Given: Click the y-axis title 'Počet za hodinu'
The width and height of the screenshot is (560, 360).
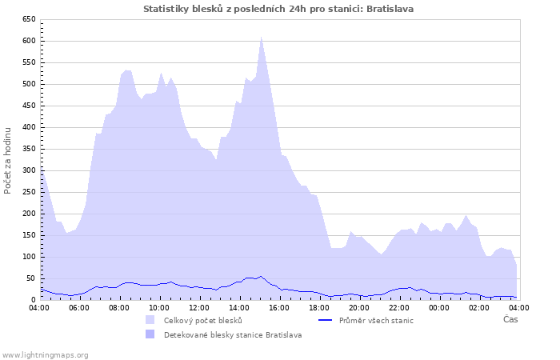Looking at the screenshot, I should (x=8, y=159).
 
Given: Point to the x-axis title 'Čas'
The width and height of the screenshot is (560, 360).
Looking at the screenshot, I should (x=510, y=319).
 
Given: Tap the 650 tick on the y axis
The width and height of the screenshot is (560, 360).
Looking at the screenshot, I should (x=28, y=19).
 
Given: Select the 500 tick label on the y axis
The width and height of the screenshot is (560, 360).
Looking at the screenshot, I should (x=28, y=84).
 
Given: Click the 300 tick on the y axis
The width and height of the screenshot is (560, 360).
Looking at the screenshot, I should (x=28, y=170).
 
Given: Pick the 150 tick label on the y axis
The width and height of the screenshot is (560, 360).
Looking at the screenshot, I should (x=28, y=235).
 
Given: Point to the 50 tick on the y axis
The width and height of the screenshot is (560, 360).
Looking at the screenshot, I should (x=30, y=278).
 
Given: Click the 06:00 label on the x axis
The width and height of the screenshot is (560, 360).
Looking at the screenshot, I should (x=79, y=307).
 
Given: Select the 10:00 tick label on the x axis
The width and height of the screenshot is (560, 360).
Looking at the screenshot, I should (x=159, y=307).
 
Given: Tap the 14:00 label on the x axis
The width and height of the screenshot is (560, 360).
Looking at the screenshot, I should (x=239, y=307).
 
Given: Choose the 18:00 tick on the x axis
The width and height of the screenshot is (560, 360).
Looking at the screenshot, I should (x=319, y=307).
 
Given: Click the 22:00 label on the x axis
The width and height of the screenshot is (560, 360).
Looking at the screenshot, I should (x=399, y=307).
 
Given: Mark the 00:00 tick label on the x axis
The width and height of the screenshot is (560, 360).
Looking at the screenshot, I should (x=439, y=307).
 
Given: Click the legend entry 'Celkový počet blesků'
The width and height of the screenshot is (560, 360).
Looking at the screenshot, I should (x=202, y=320).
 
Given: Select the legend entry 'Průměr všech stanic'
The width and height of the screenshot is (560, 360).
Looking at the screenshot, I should (x=375, y=320).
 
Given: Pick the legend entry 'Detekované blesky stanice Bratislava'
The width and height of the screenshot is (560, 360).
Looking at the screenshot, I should (x=233, y=334).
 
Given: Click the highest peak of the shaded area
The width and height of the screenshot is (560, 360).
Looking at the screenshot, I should (x=261, y=37).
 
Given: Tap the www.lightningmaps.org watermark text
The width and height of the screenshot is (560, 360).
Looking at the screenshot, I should (x=46, y=354).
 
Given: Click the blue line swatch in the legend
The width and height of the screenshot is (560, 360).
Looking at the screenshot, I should (x=323, y=320).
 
